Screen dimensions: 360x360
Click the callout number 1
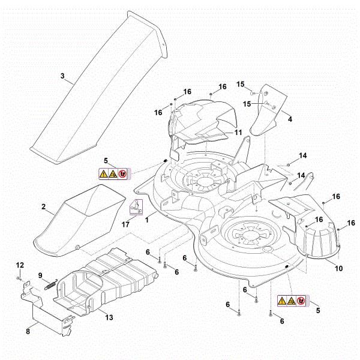(x=147, y=220)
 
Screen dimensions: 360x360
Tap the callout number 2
(x=44, y=206)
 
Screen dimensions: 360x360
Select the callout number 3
(x=62, y=76)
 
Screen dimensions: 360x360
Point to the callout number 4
(x=290, y=119)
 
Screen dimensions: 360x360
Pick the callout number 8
(x=28, y=330)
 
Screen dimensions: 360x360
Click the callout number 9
(x=41, y=275)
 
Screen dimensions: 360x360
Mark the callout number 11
(x=238, y=131)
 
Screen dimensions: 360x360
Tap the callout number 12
(x=19, y=265)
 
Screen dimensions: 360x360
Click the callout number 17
(x=125, y=224)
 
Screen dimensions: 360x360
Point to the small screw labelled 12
(x=20, y=279)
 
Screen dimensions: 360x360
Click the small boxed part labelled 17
(x=137, y=207)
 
